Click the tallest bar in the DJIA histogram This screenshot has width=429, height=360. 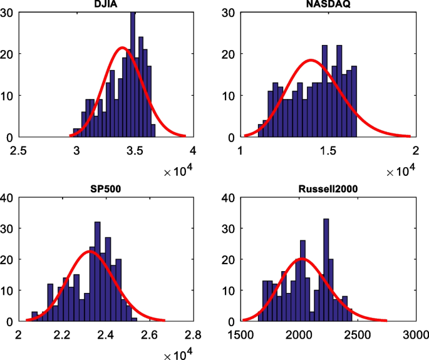133,75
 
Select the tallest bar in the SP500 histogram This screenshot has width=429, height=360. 97,272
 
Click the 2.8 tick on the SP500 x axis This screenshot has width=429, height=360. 192,334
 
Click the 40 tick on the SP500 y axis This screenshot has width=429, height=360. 8,198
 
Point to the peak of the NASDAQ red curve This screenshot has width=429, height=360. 311,60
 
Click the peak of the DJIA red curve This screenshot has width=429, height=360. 122,48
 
